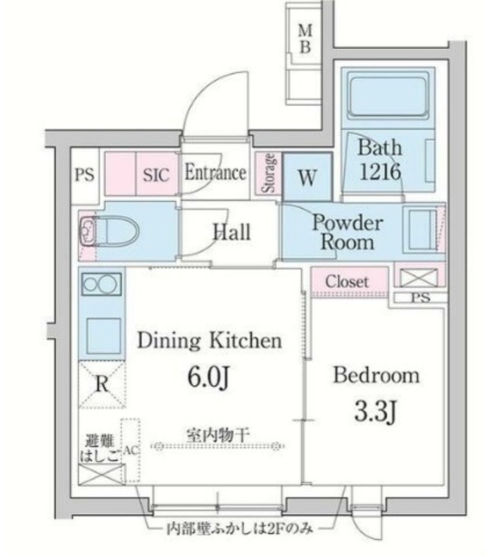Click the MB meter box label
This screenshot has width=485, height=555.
305,39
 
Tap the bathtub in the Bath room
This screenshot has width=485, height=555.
388,96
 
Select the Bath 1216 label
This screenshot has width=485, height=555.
380,160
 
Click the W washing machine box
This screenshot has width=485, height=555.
307,177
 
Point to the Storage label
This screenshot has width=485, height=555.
269,173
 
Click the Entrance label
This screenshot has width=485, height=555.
216,173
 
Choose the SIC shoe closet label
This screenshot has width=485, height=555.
155,175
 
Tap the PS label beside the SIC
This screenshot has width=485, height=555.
85,174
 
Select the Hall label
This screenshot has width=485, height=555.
232,232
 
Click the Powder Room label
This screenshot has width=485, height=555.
348,232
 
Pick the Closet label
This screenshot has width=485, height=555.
347,281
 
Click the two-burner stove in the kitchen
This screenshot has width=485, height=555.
101,284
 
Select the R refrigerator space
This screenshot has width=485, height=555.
102,384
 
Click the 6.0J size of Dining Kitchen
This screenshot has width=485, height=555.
210,378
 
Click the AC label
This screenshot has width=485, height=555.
130,450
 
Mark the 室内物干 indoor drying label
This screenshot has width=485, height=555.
218,435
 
